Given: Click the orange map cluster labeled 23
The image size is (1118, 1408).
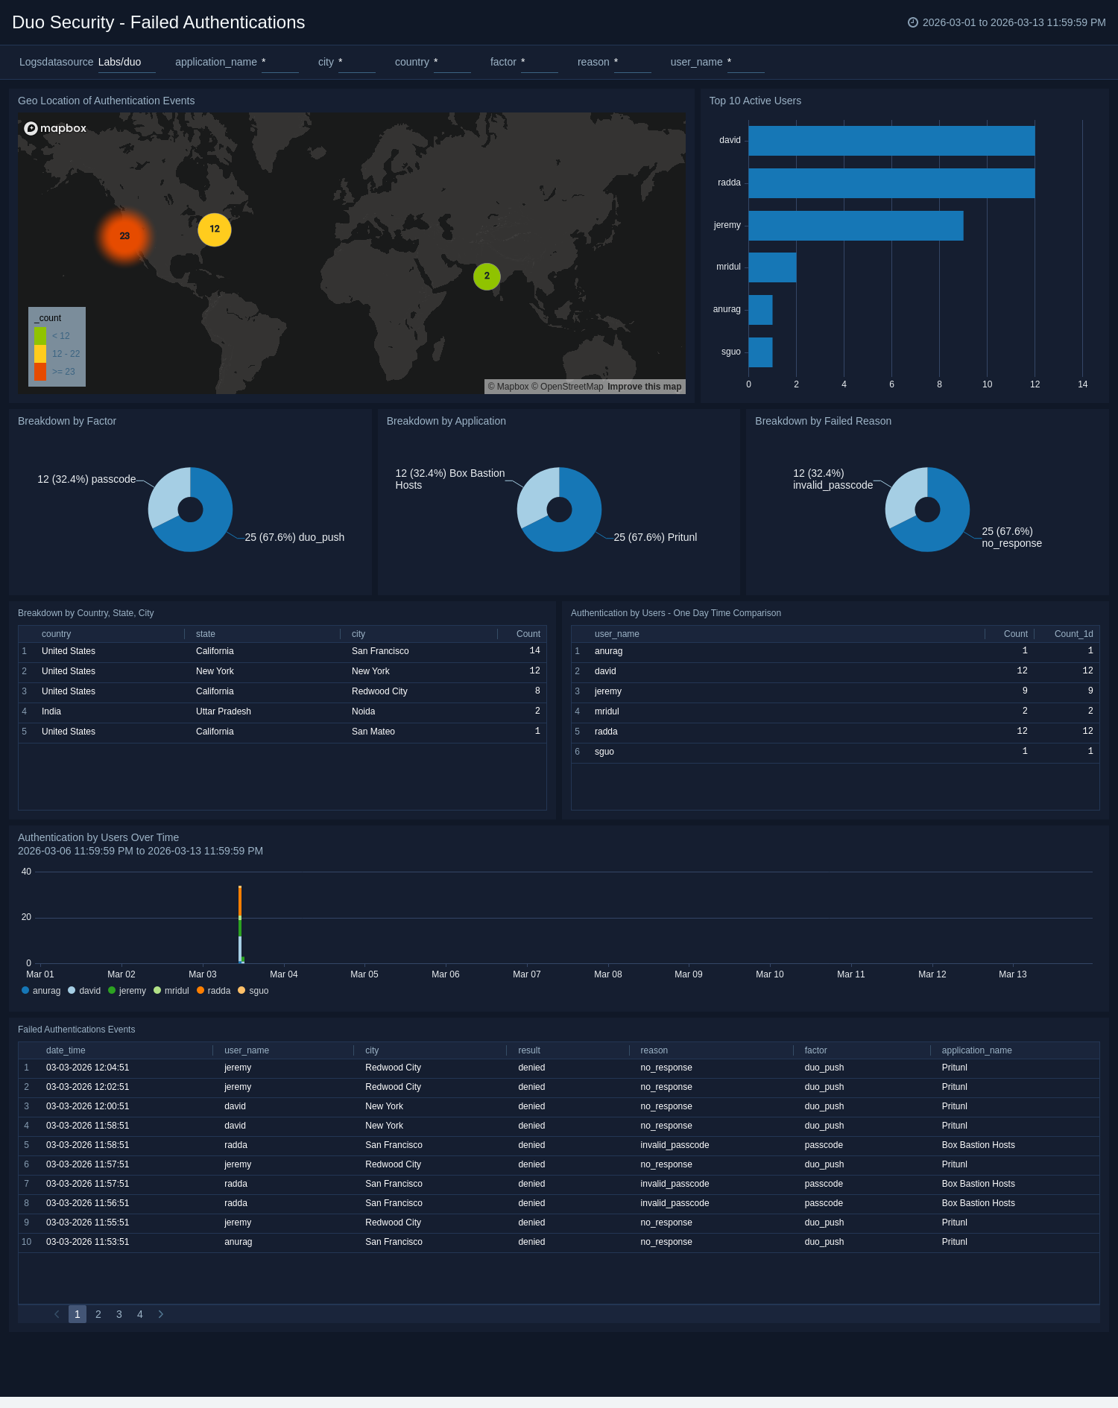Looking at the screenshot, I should pos(124,236).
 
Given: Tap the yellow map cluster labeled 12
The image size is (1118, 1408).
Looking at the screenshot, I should pos(215,229).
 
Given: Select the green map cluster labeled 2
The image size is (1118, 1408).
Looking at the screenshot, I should pos(487,276).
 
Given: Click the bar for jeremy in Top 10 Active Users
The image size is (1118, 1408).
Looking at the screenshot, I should pos(856,226).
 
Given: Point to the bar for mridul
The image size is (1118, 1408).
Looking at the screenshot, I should pos(772,267).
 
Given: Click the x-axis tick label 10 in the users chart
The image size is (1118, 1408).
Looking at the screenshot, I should pos(987,384).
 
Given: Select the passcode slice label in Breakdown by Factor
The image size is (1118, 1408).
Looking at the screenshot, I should pos(86,479).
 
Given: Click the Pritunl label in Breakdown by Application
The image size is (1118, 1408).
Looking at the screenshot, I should pos(655,537).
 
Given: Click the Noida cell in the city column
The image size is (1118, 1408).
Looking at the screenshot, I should pos(364,711).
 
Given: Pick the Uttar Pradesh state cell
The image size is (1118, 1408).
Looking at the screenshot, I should pos(224,711).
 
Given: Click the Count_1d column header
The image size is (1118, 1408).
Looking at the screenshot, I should pos(1073,634).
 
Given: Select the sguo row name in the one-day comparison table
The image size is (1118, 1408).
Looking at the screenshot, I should pos(604,752).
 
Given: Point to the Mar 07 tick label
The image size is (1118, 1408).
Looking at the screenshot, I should pos(527,974).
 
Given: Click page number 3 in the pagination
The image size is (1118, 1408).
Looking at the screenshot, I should pos(119,1314).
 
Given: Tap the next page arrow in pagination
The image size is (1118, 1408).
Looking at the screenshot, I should pos(160,1314).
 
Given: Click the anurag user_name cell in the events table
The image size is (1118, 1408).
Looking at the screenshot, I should pos(239,1242).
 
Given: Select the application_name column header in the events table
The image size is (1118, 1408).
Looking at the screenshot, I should pos(976,1050).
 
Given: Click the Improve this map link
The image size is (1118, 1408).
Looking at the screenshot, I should pos(644,387).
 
